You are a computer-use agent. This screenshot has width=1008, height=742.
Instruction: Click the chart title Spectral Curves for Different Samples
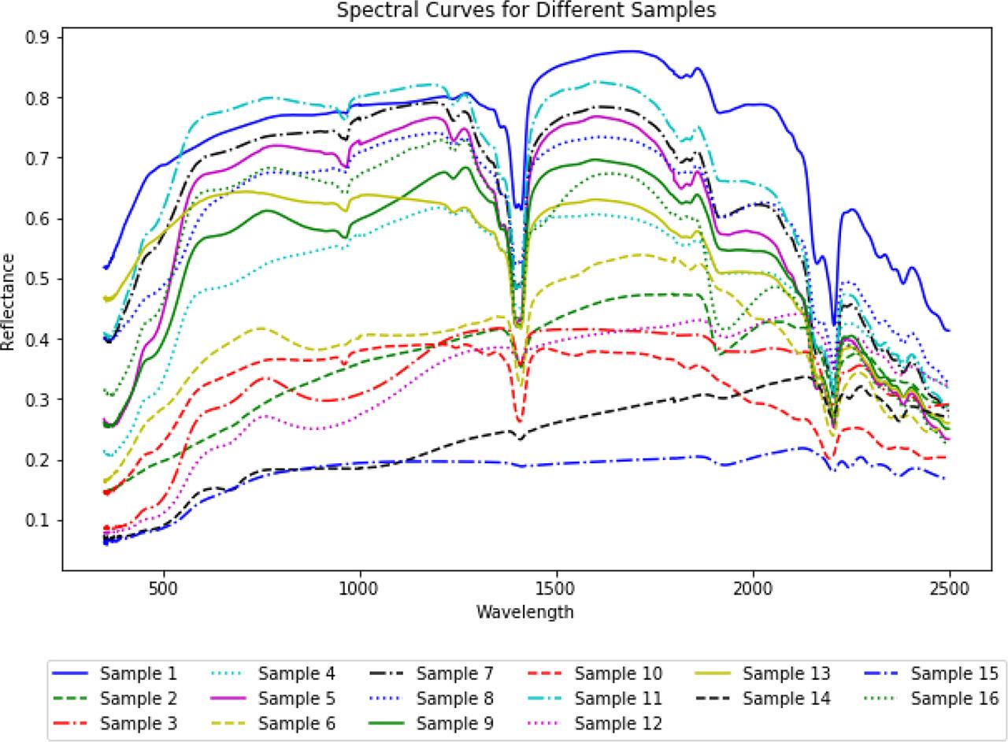(x=526, y=11)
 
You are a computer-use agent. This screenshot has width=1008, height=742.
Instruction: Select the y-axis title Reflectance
(x=9, y=302)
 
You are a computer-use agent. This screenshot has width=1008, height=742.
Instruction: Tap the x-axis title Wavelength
(x=524, y=611)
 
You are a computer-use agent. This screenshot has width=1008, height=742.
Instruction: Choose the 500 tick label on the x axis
(x=164, y=588)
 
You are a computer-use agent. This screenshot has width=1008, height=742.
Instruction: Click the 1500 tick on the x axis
(x=557, y=588)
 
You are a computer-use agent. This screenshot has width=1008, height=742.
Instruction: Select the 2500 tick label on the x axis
(x=950, y=588)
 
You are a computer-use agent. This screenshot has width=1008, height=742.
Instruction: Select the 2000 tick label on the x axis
(x=753, y=588)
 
